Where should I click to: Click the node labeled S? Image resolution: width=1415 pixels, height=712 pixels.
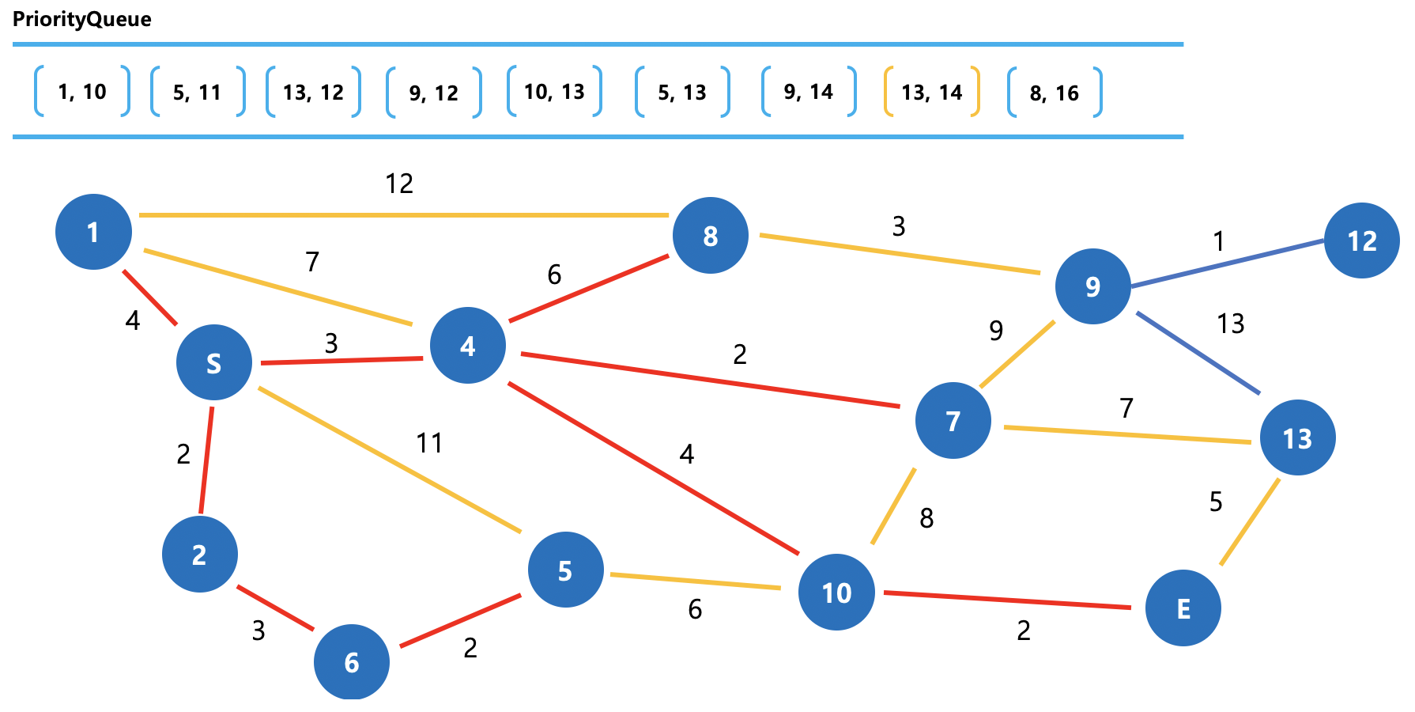point(214,362)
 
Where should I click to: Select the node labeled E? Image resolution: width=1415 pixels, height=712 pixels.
point(1183,608)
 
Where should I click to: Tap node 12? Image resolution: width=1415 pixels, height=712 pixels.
point(1361,240)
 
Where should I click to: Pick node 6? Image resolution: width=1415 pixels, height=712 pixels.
point(352,661)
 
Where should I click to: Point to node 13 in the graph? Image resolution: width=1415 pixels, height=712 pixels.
point(1297,437)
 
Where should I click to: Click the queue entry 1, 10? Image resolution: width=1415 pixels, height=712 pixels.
point(82,93)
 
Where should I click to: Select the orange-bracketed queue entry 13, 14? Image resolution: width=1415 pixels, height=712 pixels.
point(931,93)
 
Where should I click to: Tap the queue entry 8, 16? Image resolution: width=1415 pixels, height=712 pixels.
point(1054,93)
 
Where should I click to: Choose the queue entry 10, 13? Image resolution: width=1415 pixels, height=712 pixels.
point(554,93)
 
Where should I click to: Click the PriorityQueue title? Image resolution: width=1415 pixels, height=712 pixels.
point(82,19)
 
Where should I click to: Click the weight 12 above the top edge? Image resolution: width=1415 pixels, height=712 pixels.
point(399,184)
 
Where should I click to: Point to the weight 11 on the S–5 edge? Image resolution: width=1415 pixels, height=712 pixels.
point(429,443)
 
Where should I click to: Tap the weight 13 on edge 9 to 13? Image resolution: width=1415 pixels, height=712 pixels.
point(1231,324)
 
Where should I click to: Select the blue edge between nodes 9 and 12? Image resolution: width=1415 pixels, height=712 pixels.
point(1228,263)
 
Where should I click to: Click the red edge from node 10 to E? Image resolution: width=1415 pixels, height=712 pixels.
point(1006,600)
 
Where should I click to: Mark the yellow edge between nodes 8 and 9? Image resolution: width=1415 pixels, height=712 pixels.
point(900,254)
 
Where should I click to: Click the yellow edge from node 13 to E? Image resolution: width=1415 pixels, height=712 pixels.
point(1250,521)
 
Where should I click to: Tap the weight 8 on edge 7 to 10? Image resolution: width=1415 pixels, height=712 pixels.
point(926,518)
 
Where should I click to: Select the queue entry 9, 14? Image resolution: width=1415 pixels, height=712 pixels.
point(808,93)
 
